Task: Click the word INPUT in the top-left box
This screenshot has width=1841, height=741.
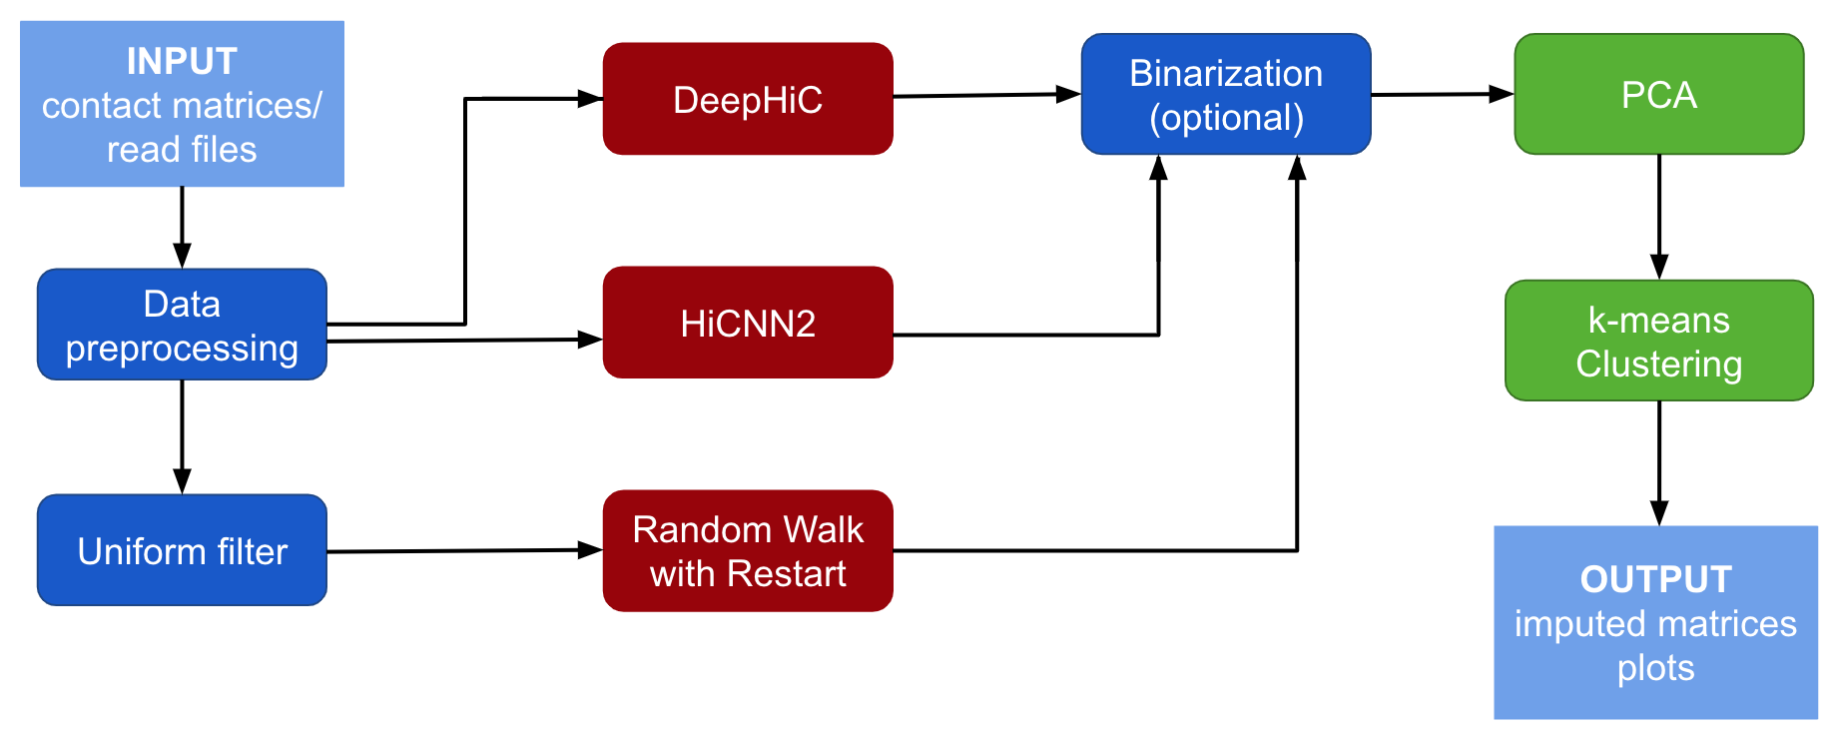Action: coord(182,62)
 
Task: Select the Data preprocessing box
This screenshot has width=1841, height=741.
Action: coord(182,325)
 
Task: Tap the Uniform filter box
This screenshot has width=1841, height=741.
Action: coord(182,550)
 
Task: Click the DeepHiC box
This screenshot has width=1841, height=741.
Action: coord(747,99)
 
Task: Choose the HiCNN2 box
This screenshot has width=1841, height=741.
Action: coord(747,323)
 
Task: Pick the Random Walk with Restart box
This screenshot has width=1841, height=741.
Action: coord(747,550)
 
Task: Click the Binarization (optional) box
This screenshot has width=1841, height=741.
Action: coord(1225,94)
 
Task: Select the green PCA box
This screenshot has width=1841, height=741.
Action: coord(1658,94)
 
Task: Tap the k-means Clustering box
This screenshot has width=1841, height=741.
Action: coord(1658,341)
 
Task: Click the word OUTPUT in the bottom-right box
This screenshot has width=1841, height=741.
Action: coord(1655,579)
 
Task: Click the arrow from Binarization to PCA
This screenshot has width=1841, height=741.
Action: coord(1442,95)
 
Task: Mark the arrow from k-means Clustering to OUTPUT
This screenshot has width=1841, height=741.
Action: coord(1659,462)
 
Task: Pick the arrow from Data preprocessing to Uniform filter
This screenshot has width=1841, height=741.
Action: coord(182,436)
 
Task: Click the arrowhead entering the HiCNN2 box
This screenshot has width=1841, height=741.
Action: coord(590,340)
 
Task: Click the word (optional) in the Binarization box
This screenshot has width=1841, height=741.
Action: coord(1226,118)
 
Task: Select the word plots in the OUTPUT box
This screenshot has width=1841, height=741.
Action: coord(1655,667)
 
